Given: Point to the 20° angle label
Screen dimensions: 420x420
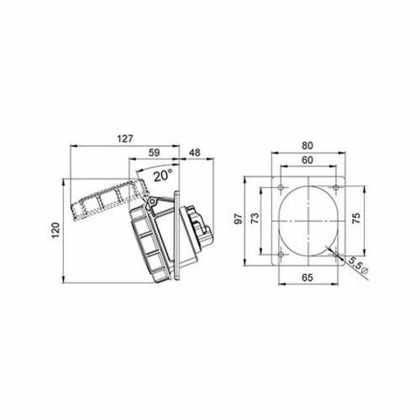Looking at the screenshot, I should coord(160,176).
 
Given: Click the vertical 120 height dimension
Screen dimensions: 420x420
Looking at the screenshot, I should coord(54,230).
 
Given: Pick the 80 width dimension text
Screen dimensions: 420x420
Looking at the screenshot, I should coord(305,146).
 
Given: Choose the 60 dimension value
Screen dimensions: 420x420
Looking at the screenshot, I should coord(305,161).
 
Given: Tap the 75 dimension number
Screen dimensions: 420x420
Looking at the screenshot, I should coord(355,220).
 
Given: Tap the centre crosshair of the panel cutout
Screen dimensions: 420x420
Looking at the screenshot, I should coord(305,220).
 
